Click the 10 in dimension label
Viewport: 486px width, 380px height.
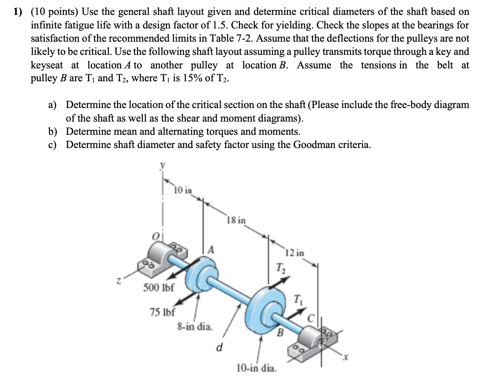tap(183, 190)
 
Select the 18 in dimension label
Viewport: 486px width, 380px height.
tap(236, 220)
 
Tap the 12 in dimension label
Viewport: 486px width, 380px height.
tap(294, 253)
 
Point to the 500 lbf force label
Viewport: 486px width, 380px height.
tap(158, 288)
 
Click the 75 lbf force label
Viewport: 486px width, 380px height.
tap(162, 312)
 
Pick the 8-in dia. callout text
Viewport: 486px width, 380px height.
tap(195, 327)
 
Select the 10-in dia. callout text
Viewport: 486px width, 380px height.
tap(257, 368)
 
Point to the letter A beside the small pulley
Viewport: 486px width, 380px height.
tap(211, 250)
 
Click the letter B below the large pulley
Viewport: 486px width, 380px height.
tap(280, 333)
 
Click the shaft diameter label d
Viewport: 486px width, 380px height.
tap(219, 347)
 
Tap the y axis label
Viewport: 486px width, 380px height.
tap(162, 165)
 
